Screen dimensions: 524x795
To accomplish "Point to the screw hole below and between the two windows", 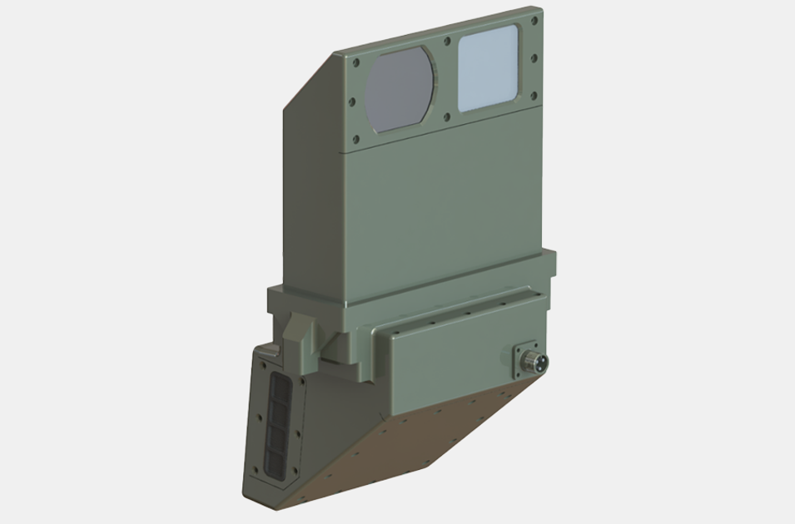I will pos(448,116).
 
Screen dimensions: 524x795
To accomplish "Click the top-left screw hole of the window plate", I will pos(356,62).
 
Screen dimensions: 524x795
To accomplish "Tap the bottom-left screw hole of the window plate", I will pos(357,140).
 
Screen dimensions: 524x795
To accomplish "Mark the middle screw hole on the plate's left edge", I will pos(352,101).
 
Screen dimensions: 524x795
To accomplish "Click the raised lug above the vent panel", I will pos(296,338).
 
